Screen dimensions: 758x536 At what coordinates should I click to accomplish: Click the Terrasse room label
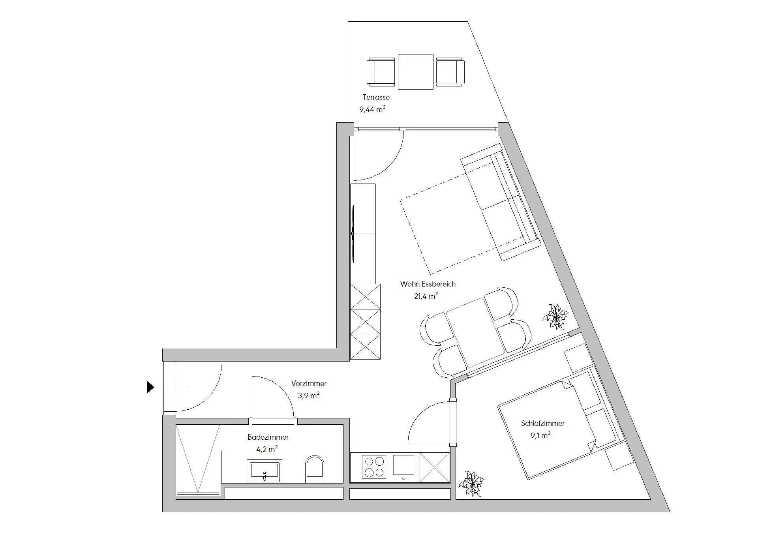(x=376, y=97)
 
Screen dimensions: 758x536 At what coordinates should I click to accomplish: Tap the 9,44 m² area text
(x=372, y=109)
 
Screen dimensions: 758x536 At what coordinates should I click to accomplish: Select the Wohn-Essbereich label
(x=428, y=284)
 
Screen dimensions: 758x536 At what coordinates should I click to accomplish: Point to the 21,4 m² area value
(x=426, y=296)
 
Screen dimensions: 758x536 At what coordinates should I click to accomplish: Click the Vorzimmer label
(x=309, y=383)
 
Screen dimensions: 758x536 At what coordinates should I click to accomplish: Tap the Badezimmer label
(x=268, y=437)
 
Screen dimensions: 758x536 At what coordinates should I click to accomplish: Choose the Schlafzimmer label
(x=543, y=423)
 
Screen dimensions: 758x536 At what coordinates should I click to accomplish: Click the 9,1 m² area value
(x=541, y=435)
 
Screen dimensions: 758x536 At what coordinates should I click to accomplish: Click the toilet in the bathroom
(x=315, y=469)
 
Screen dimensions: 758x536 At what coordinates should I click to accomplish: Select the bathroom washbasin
(x=265, y=471)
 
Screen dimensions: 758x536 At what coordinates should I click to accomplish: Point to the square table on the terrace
(x=416, y=72)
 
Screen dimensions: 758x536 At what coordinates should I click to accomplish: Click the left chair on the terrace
(x=381, y=72)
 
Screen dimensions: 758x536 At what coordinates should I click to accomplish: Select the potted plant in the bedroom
(x=471, y=483)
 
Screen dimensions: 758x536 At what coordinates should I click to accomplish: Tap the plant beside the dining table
(x=555, y=316)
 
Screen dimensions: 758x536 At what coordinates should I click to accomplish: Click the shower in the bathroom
(x=198, y=460)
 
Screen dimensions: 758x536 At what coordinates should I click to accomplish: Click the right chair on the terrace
(x=450, y=72)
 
